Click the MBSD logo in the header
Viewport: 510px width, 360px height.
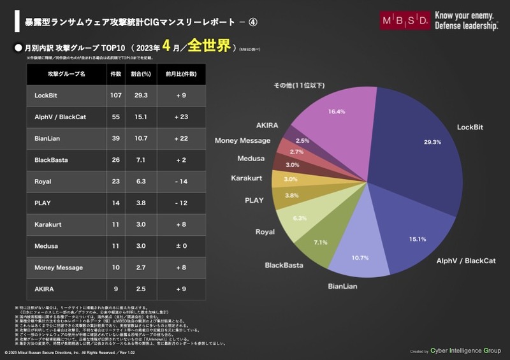(x=404, y=20)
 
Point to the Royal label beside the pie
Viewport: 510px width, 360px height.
(x=265, y=232)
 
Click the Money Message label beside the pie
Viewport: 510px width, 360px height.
(x=242, y=140)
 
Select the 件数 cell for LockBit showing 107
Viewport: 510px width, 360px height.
(x=115, y=95)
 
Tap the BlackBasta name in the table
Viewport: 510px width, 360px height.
(x=51, y=160)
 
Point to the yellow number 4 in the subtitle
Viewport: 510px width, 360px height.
(x=167, y=48)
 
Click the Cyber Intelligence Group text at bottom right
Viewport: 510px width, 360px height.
(x=467, y=350)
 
